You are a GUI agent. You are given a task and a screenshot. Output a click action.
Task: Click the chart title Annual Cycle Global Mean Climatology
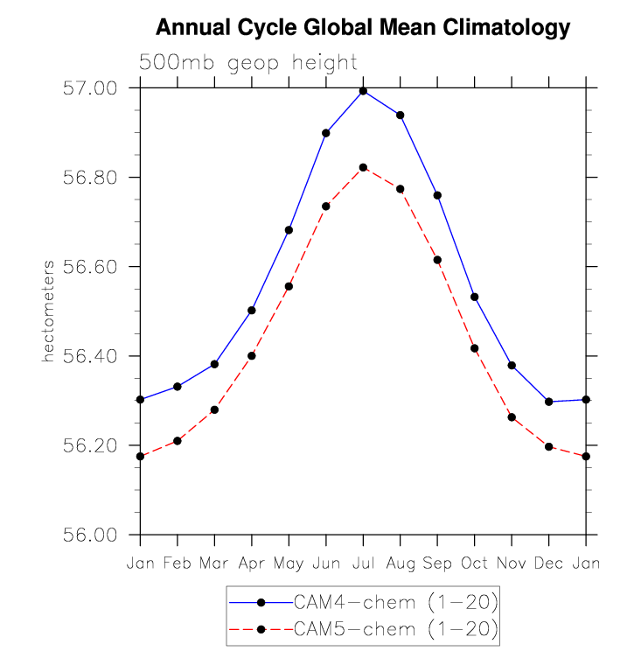point(363,29)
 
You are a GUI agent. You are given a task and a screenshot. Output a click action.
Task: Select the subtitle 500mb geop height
point(248,63)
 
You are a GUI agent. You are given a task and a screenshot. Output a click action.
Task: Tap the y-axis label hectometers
point(50,311)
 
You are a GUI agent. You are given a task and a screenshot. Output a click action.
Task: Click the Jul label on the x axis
point(363,563)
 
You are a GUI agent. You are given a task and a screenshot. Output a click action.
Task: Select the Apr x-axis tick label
point(252,563)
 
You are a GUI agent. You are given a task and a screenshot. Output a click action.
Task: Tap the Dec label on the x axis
point(548,563)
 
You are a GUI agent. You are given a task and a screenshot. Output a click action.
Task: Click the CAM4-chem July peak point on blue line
point(363,91)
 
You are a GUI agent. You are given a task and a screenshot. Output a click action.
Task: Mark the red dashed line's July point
point(363,167)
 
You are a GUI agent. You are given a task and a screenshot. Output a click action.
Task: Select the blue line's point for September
point(437,195)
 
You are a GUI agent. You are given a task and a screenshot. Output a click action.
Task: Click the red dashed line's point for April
point(252,355)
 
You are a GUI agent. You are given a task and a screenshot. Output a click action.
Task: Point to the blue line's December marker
point(548,402)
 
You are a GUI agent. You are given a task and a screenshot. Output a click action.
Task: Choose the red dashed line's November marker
point(512,417)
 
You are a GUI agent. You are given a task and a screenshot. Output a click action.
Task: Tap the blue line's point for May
point(289,230)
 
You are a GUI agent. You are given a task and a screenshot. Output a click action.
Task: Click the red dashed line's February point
point(178,440)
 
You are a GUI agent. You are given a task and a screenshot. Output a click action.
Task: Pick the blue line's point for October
point(475,297)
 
